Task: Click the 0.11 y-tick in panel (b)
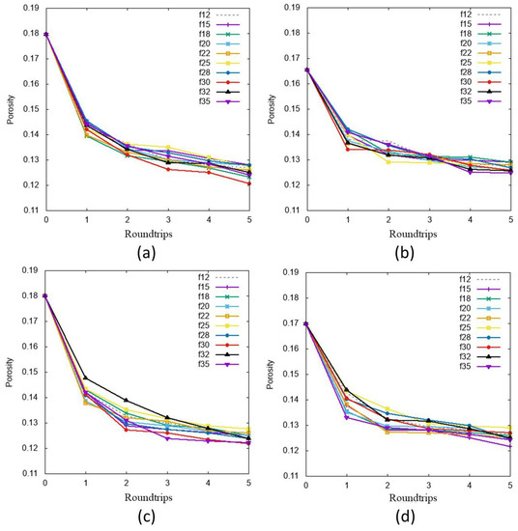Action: (291, 210)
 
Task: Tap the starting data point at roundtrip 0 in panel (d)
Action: (306, 323)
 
